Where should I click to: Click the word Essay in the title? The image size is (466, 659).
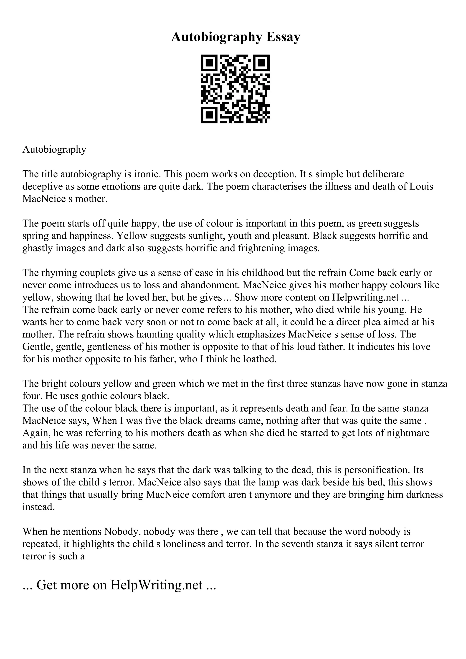(283, 37)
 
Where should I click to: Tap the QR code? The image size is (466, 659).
(235, 89)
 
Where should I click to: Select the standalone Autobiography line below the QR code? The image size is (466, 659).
(54, 150)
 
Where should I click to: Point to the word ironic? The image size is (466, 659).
(147, 174)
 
